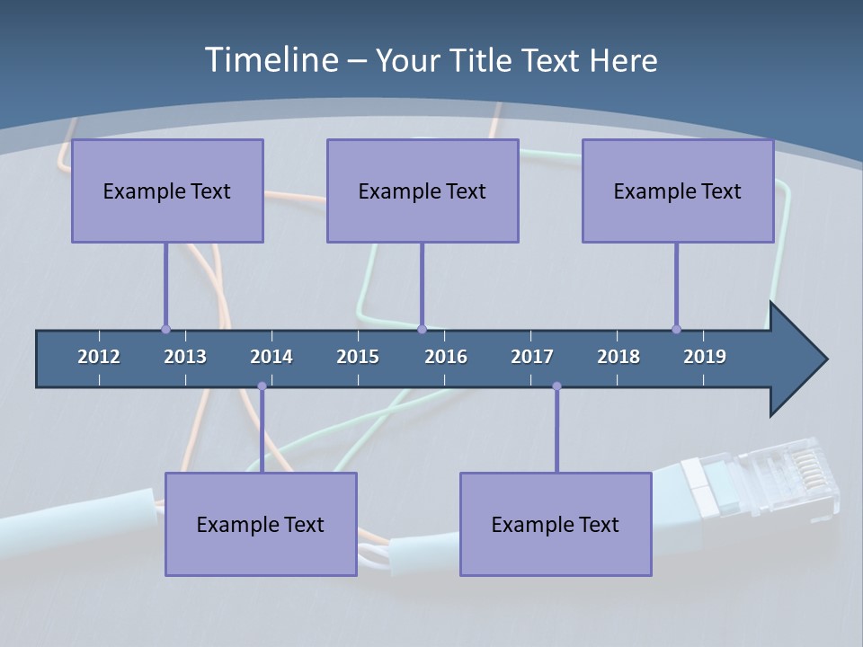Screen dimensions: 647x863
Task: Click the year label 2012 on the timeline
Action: [x=99, y=357]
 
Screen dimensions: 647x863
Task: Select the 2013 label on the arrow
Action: [x=185, y=357]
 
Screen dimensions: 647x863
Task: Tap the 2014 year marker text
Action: [x=271, y=357]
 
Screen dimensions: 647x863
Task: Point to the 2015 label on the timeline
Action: [x=358, y=357]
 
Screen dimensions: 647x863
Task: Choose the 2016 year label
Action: [x=446, y=357]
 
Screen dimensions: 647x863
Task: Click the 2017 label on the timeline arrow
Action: [x=532, y=357]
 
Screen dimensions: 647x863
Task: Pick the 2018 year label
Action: [x=618, y=357]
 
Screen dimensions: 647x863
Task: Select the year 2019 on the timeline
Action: [x=705, y=357]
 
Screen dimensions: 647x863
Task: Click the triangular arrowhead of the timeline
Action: [x=796, y=359]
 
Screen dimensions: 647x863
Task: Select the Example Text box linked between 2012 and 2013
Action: [x=167, y=191]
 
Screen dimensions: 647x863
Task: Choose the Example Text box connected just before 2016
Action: [x=423, y=191]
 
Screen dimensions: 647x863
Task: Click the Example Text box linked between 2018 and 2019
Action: [x=678, y=191]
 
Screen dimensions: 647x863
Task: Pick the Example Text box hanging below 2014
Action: [x=261, y=524]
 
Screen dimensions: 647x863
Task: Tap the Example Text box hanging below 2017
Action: [x=556, y=524]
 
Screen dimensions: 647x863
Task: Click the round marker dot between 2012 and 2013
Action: [x=165, y=329]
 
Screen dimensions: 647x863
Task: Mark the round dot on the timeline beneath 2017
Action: [x=556, y=386]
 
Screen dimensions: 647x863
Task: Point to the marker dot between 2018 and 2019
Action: [x=676, y=329]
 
